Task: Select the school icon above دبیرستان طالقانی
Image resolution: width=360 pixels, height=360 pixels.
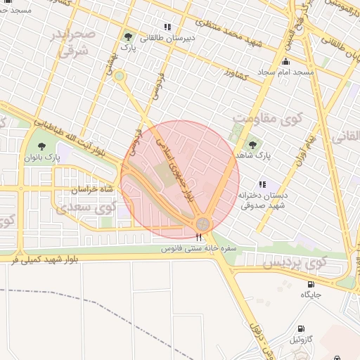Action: (x=167, y=27)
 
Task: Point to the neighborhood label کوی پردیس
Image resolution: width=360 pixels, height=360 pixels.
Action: (x=296, y=264)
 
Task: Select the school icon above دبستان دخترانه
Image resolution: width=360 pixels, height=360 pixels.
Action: (x=263, y=184)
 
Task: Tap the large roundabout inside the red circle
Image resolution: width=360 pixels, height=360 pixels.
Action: (x=203, y=224)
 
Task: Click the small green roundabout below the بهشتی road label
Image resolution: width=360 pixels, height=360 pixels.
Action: (x=120, y=76)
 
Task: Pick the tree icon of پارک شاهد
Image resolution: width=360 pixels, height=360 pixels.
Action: (x=252, y=145)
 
